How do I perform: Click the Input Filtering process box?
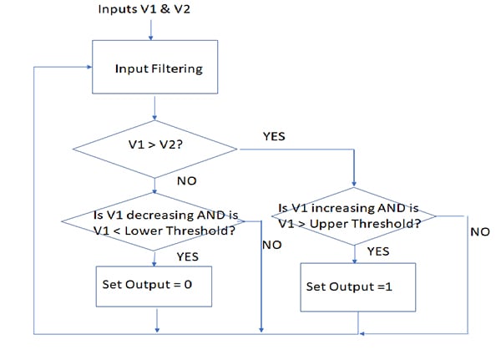click(154, 68)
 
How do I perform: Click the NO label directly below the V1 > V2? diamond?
click(188, 180)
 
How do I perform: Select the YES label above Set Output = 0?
click(188, 256)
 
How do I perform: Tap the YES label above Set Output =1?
click(377, 251)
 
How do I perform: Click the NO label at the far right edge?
click(479, 231)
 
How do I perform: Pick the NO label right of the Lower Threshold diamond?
click(271, 246)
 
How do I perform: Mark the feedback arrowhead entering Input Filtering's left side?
click(88, 68)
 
